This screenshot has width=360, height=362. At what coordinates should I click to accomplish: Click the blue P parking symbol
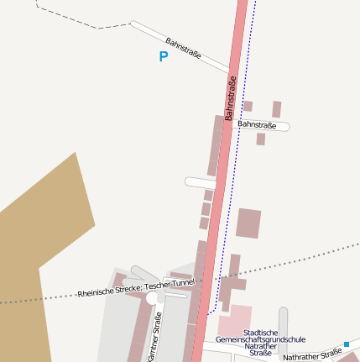pos(163,57)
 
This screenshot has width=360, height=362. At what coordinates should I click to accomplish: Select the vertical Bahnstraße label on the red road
pos(230,97)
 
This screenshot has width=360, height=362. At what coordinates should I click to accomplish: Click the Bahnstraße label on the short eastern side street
pos(257,124)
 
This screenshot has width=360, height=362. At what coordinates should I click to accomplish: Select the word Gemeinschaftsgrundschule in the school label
pos(260,340)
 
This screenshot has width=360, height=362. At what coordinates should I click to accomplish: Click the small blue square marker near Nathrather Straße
pos(346,344)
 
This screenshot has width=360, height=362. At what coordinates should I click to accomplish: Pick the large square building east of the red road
pos(248,223)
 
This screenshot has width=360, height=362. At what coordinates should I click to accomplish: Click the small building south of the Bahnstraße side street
pos(261,139)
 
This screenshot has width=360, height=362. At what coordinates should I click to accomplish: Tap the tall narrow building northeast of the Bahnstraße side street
pos(276,109)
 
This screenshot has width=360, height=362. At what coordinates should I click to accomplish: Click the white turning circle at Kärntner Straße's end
pos(152,298)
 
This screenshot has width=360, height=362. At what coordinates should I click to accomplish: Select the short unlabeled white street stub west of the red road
pos(200,182)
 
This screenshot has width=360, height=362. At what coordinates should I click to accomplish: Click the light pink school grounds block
pos(236,319)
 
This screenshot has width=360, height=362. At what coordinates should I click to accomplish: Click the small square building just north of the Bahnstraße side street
pos(248,107)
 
